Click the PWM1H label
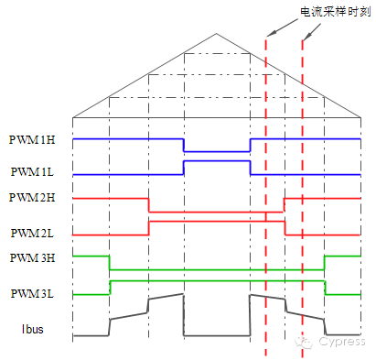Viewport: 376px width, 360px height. click(x=32, y=140)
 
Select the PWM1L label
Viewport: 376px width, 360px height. click(x=32, y=171)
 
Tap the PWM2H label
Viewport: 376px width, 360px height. click(x=32, y=198)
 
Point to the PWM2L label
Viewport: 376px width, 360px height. click(x=32, y=234)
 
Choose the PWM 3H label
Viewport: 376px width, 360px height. click(x=32, y=258)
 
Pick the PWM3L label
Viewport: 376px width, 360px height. click(x=32, y=294)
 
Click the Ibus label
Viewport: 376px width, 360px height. click(x=32, y=329)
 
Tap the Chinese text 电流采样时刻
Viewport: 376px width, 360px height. click(x=336, y=12)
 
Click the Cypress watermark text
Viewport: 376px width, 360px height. click(x=342, y=341)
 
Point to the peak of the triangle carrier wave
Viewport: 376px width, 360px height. click(x=217, y=34)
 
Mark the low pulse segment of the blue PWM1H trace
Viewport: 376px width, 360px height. click(x=217, y=151)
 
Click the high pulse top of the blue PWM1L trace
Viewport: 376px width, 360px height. click(x=217, y=161)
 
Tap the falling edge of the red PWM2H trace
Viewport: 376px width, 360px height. click(x=149, y=205)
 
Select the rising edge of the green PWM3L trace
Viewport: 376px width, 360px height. click(x=110, y=288)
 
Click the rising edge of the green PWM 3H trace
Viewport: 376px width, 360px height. click(x=325, y=263)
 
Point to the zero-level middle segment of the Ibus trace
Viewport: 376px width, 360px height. click(x=217, y=335)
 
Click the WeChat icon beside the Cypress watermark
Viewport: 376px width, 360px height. click(x=304, y=343)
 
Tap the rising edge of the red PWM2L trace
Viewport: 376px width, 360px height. click(x=149, y=228)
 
